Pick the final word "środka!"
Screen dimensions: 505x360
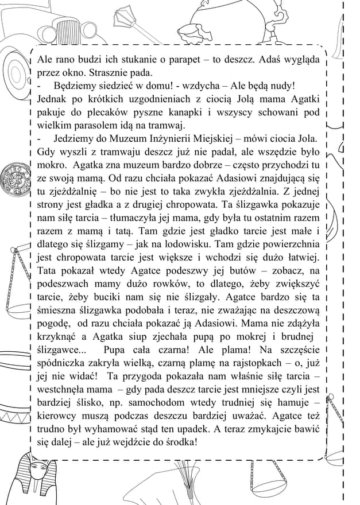(178, 442)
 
